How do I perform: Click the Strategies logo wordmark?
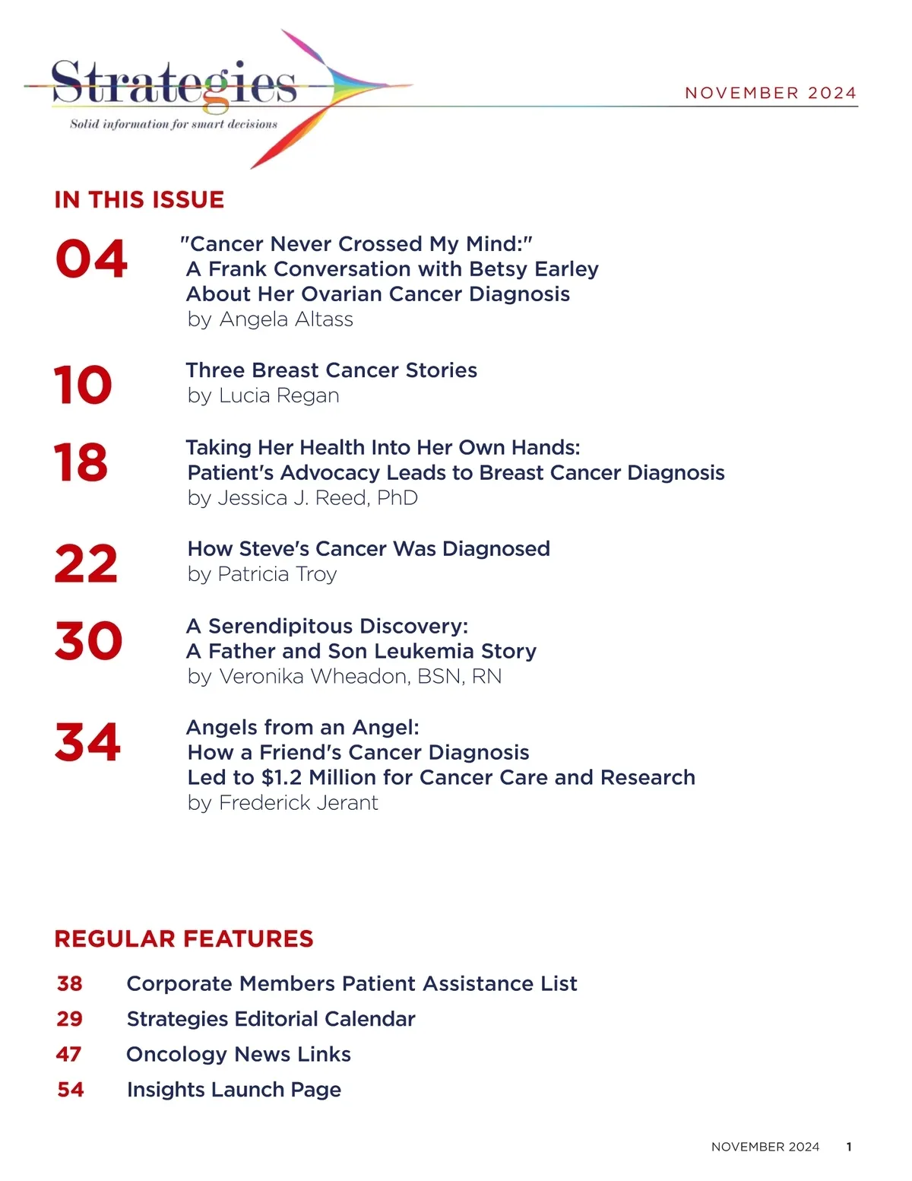pos(174,84)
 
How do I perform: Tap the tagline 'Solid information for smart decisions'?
pos(173,124)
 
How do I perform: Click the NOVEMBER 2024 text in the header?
pos(771,93)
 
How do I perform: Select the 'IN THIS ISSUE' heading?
pos(139,200)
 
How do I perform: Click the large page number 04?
pos(91,259)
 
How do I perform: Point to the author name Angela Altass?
pos(287,319)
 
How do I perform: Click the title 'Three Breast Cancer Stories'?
pos(331,370)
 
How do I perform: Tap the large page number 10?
pos(83,385)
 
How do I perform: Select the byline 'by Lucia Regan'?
pos(263,395)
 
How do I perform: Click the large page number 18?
pos(81,462)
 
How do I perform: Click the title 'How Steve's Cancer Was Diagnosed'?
pos(369,549)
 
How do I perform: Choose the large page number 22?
pos(86,564)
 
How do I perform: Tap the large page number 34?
pos(87,742)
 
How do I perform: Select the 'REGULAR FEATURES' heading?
pos(184,939)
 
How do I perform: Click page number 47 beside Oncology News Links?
pos(69,1055)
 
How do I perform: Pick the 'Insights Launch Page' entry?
pos(234,1090)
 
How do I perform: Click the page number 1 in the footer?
pos(849,1147)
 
